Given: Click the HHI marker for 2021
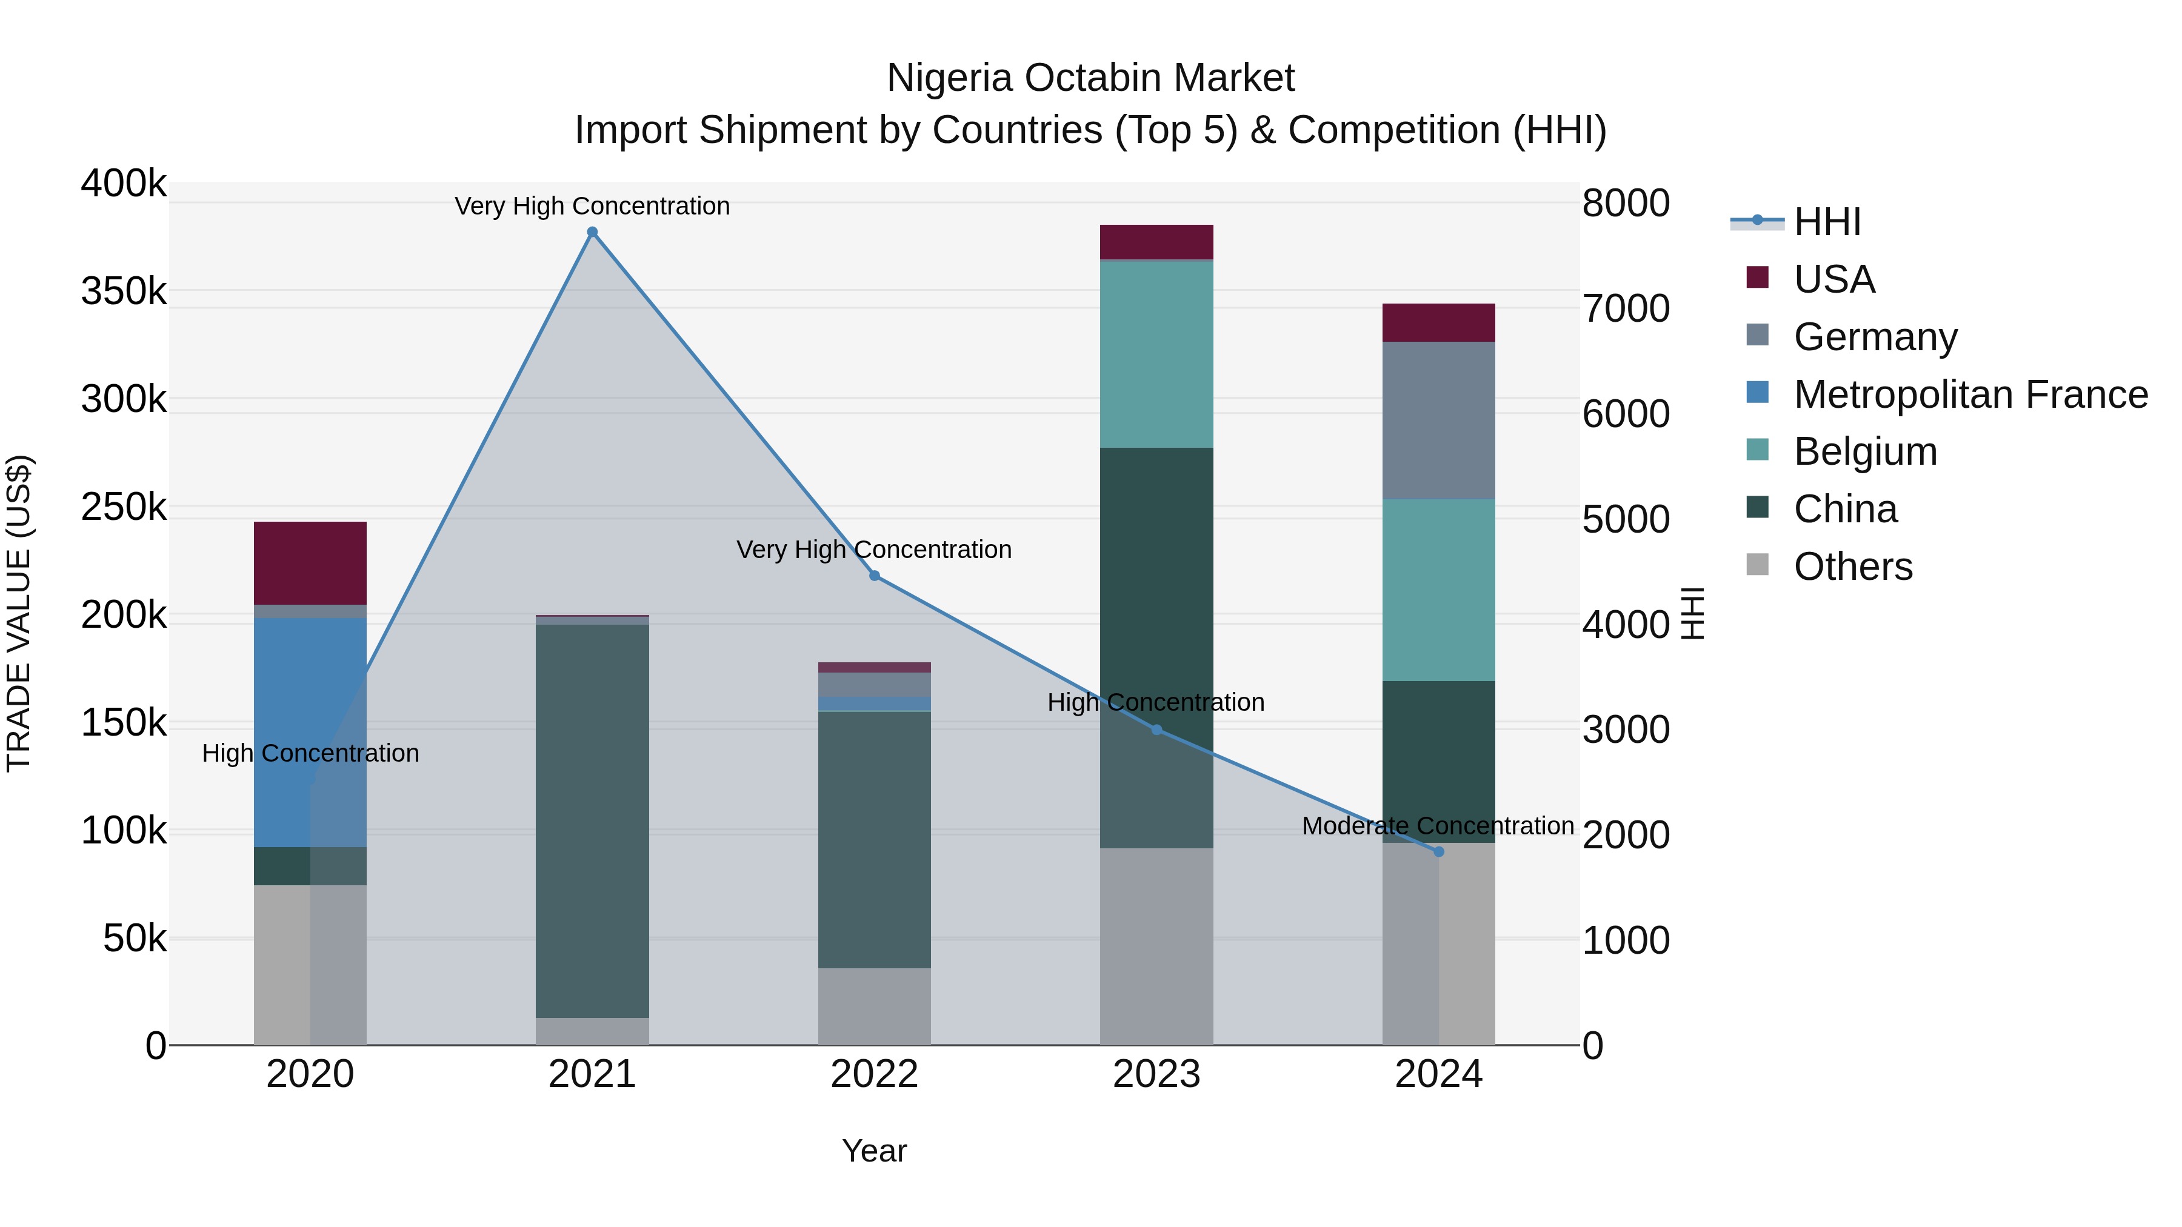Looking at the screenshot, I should pyautogui.click(x=592, y=232).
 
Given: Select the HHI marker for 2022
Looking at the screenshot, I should pyautogui.click(x=874, y=576).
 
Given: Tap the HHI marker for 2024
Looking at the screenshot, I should pyautogui.click(x=1438, y=852).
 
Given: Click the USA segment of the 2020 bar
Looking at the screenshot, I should pyautogui.click(x=310, y=563).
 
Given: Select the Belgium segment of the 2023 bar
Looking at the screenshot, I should pyautogui.click(x=1156, y=354).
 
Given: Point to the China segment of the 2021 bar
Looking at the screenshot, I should pyautogui.click(x=592, y=822).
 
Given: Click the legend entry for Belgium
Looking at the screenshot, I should pyautogui.click(x=1864, y=451).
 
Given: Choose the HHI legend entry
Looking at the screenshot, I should pyautogui.click(x=1826, y=222).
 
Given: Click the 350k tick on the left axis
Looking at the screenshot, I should pyautogui.click(x=124, y=292).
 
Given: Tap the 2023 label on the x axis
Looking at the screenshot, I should pyautogui.click(x=1156, y=1074).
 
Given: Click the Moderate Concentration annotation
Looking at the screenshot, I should pyautogui.click(x=1438, y=826).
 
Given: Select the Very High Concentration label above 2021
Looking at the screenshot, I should pyautogui.click(x=592, y=206).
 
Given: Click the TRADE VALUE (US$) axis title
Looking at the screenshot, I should pyautogui.click(x=19, y=613).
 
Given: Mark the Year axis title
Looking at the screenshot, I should pyautogui.click(x=874, y=1151).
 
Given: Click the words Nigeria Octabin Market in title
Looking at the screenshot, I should pyautogui.click(x=1090, y=78).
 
